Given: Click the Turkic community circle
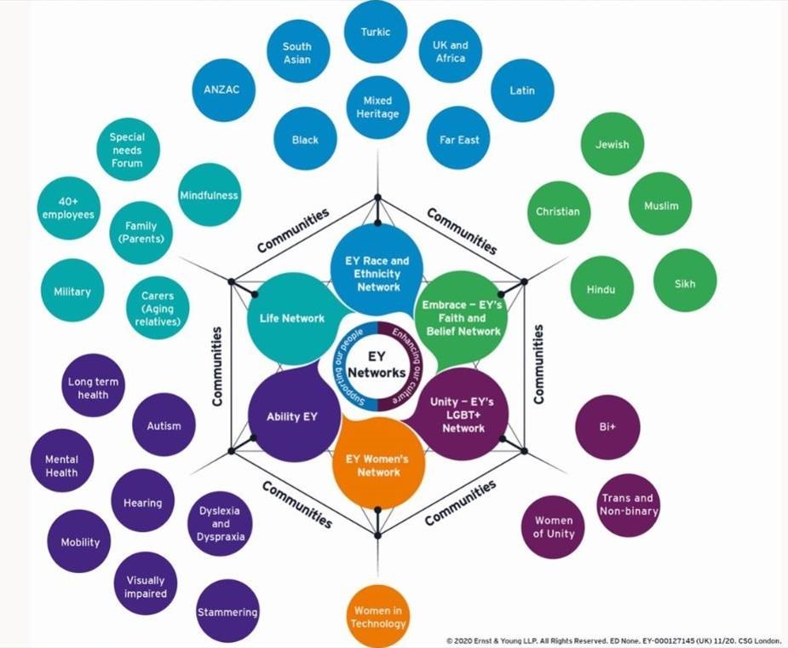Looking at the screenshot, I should pos(376,32).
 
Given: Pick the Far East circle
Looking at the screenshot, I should pos(458,139).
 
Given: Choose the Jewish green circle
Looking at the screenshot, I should pos(612,144).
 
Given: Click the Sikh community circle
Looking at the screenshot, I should pos(685,283).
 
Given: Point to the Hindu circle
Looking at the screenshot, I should pos(601,289).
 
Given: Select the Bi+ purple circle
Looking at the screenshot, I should pos(607,426).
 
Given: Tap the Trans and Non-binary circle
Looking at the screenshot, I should pos(627,505).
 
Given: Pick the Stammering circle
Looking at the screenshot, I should pos(227,611).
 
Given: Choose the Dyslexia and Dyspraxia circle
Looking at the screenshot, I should pos(220,523).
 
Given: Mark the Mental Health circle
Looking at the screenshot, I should pos(61,465).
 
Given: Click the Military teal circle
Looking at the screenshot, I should pos(72,292).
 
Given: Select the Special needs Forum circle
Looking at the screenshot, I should pos(127,149).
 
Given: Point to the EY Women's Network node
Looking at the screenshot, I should pos(377,466).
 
